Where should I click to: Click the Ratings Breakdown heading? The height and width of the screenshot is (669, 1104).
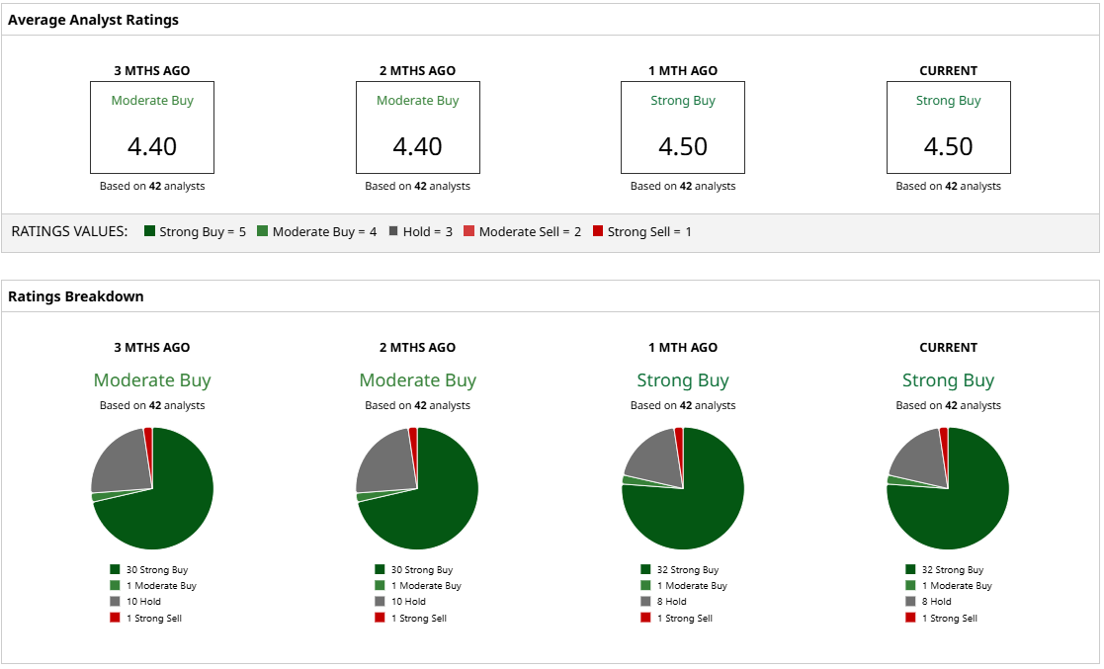point(76,296)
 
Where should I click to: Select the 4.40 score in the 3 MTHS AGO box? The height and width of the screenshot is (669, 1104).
point(152,146)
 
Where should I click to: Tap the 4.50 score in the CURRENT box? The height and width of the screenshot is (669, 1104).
point(949,146)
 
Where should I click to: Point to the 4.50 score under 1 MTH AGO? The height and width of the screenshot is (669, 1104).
point(683,146)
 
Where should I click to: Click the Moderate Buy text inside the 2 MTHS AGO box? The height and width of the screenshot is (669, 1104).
point(418,101)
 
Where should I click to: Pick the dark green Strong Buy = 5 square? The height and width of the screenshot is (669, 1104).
point(150,231)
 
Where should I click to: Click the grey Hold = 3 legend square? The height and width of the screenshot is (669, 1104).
point(393,231)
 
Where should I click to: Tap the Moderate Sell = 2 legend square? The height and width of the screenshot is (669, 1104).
point(469,231)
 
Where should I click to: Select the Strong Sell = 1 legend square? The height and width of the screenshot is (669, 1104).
point(597,231)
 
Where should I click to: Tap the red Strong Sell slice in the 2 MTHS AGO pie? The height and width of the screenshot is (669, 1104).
point(413,435)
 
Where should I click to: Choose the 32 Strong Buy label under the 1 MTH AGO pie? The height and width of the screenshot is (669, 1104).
point(687,570)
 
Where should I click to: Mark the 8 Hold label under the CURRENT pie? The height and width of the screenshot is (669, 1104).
point(936,602)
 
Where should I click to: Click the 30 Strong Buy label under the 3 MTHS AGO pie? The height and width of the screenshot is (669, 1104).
point(156,570)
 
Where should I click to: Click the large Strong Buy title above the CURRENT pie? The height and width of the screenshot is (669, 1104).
point(949,380)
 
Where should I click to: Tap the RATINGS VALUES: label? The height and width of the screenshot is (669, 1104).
point(69,231)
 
